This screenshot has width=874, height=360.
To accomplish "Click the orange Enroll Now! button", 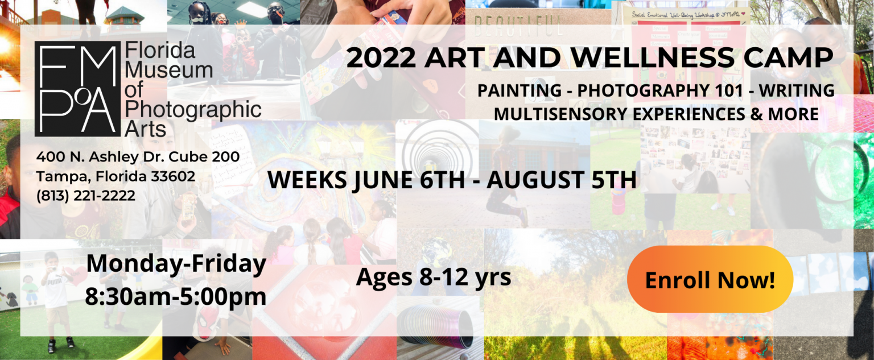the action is pyautogui.click(x=710, y=279).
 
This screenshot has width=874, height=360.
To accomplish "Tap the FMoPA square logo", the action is pyautogui.click(x=77, y=89).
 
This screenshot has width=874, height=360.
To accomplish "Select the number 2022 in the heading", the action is pyautogui.click(x=381, y=57).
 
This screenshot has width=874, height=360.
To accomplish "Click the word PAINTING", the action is pyautogui.click(x=520, y=90).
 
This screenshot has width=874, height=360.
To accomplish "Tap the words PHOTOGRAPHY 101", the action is pyautogui.click(x=660, y=90).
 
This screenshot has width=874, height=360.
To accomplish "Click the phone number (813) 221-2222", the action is pyautogui.click(x=86, y=196).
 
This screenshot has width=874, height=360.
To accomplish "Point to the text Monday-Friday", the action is pyautogui.click(x=176, y=263).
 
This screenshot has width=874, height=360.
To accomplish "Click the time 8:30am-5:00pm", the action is pyautogui.click(x=176, y=297).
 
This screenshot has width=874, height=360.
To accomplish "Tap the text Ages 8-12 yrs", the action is pyautogui.click(x=434, y=278).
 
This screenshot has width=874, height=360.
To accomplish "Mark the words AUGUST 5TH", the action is pyautogui.click(x=562, y=180).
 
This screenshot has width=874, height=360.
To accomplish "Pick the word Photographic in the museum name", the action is pyautogui.click(x=193, y=110).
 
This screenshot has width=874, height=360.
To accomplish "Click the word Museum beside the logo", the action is pyautogui.click(x=168, y=70).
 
